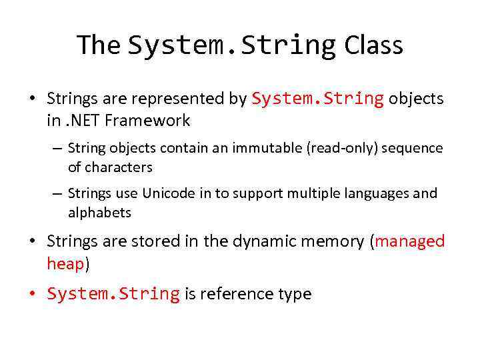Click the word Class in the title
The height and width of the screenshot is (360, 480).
pyautogui.click(x=373, y=45)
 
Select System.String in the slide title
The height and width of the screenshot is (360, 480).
pyautogui.click(x=232, y=45)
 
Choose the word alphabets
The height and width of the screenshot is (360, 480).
pyautogui.click(x=99, y=213)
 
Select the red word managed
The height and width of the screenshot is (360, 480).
pyautogui.click(x=409, y=241)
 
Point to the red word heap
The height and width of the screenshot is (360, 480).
pyautogui.click(x=65, y=263)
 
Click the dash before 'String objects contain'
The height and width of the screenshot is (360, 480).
pyautogui.click(x=57, y=147)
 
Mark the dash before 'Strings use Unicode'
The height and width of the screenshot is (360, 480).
pyautogui.click(x=57, y=193)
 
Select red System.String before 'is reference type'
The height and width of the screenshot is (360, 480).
pyautogui.click(x=113, y=294)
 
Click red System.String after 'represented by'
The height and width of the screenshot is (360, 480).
pyautogui.click(x=317, y=99)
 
